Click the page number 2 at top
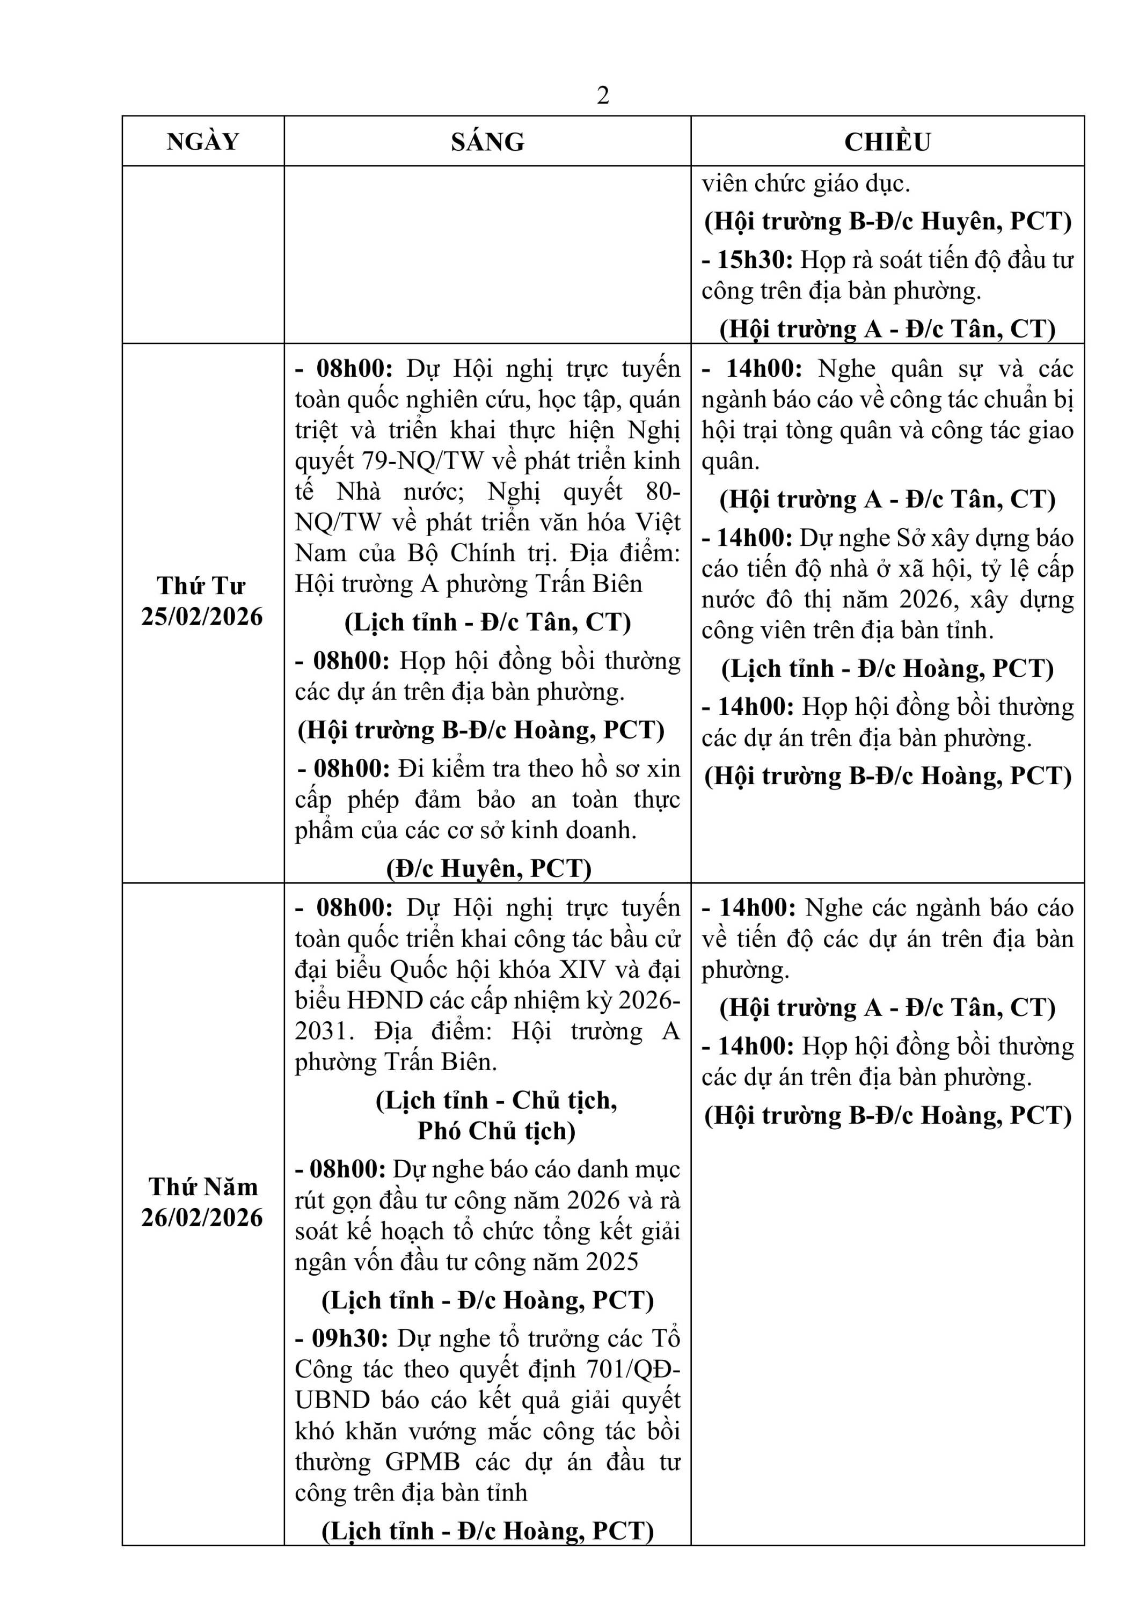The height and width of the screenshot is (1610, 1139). point(602,96)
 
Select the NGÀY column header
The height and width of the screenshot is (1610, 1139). point(203,142)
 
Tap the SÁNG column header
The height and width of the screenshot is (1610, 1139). point(487,142)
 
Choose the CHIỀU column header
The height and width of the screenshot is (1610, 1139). point(887,142)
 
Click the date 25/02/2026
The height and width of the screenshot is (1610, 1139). point(202,617)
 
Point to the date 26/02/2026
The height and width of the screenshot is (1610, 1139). point(202,1218)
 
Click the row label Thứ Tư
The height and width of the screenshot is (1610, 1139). point(202,586)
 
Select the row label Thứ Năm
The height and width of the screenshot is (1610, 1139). point(203,1187)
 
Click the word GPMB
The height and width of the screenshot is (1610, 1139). point(422,1462)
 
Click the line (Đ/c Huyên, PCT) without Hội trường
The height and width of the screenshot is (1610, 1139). point(489,869)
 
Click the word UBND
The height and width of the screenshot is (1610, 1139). point(332,1400)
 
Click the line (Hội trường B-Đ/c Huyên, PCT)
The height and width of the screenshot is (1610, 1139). point(887,222)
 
